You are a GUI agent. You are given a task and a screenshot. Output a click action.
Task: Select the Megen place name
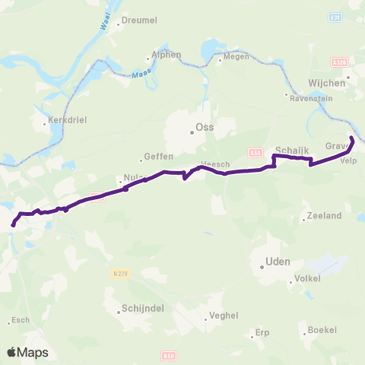point(233,56)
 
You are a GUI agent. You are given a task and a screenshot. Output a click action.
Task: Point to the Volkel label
point(308,279)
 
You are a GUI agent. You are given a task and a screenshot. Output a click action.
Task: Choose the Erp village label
point(262,332)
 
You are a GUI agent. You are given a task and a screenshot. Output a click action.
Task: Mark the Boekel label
point(322,330)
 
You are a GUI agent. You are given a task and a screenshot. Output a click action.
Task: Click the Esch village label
point(21,320)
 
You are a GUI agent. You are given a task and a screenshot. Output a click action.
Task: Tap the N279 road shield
point(119,273)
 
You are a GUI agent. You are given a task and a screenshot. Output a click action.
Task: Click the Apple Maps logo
point(27,352)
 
